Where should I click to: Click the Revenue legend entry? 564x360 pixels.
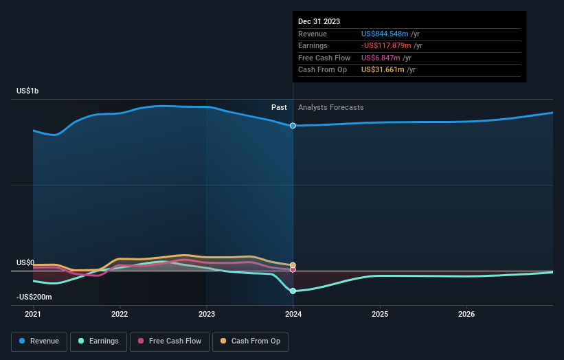39,341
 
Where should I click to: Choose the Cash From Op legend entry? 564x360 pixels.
250,341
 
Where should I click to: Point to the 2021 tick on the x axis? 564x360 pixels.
33,314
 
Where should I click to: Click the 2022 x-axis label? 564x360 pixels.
120,314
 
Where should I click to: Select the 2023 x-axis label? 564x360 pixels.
207,314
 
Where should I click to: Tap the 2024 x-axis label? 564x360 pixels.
293,314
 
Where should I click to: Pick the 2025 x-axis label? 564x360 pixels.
380,314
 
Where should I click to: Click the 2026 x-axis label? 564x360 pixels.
466,314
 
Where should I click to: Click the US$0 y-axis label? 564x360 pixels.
25,262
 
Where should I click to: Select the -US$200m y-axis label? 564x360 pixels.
34,297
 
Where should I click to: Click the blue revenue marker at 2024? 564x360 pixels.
293,126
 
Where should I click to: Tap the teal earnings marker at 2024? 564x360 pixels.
293,291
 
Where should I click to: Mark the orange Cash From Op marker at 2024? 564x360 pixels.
293,265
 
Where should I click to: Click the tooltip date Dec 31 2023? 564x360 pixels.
319,22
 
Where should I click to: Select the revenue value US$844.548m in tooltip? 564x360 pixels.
385,34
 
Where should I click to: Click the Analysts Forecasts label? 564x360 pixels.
330,107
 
